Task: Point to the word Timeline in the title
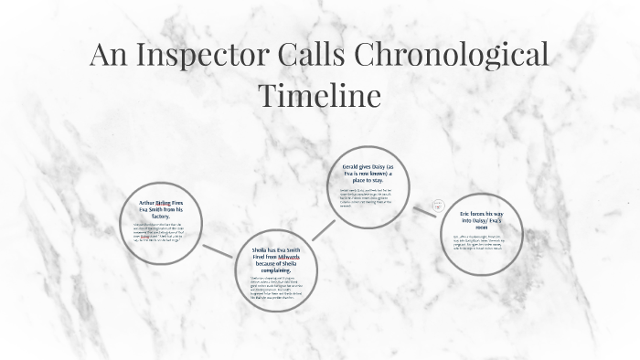319,95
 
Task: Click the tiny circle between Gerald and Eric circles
438,205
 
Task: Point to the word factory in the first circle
162,215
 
